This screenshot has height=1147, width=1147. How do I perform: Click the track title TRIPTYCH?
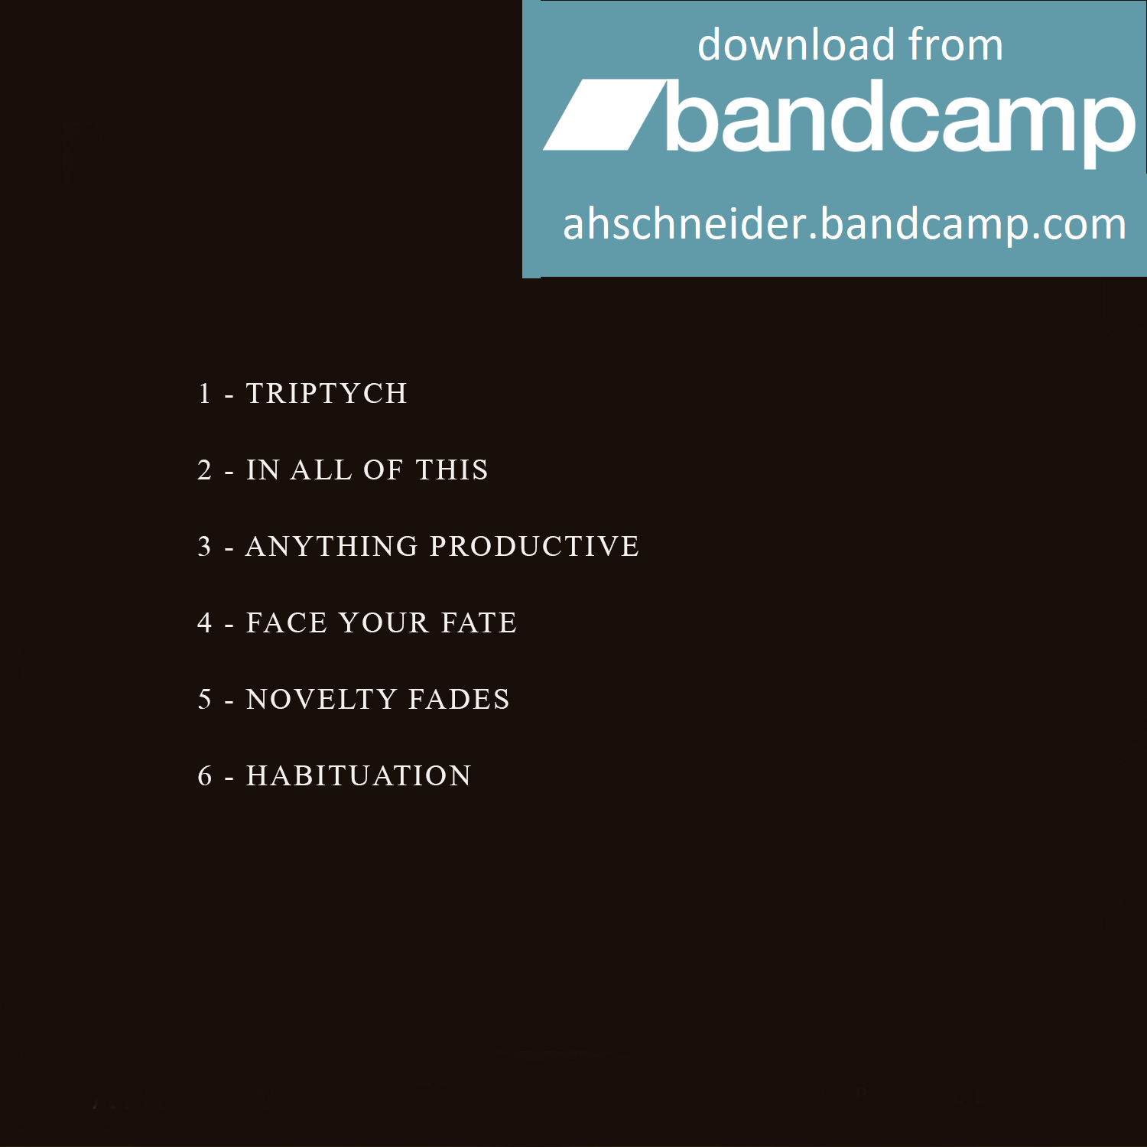coord(327,393)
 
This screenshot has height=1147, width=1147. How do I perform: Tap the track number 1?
coord(204,393)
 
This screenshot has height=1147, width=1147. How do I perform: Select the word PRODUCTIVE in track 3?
coord(535,546)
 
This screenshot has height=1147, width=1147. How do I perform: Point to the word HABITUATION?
coord(359,775)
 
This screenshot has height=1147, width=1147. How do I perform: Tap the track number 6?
coord(205,775)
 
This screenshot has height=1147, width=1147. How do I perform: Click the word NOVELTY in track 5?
coord(322,699)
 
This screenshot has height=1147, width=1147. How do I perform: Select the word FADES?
coord(460,699)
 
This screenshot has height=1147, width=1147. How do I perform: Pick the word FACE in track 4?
coord(287,622)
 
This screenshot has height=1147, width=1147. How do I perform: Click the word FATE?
coord(479,622)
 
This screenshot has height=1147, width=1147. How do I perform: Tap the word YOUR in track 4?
coord(384,622)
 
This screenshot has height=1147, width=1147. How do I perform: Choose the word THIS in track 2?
coord(452,470)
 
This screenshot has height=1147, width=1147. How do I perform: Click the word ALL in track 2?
coord(321,470)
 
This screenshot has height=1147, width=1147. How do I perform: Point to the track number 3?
coord(204,546)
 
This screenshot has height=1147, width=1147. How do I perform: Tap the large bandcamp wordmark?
coord(901,120)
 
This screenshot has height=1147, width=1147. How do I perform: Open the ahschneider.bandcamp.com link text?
coord(844,224)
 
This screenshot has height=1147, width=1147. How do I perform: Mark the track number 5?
coord(204,699)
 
